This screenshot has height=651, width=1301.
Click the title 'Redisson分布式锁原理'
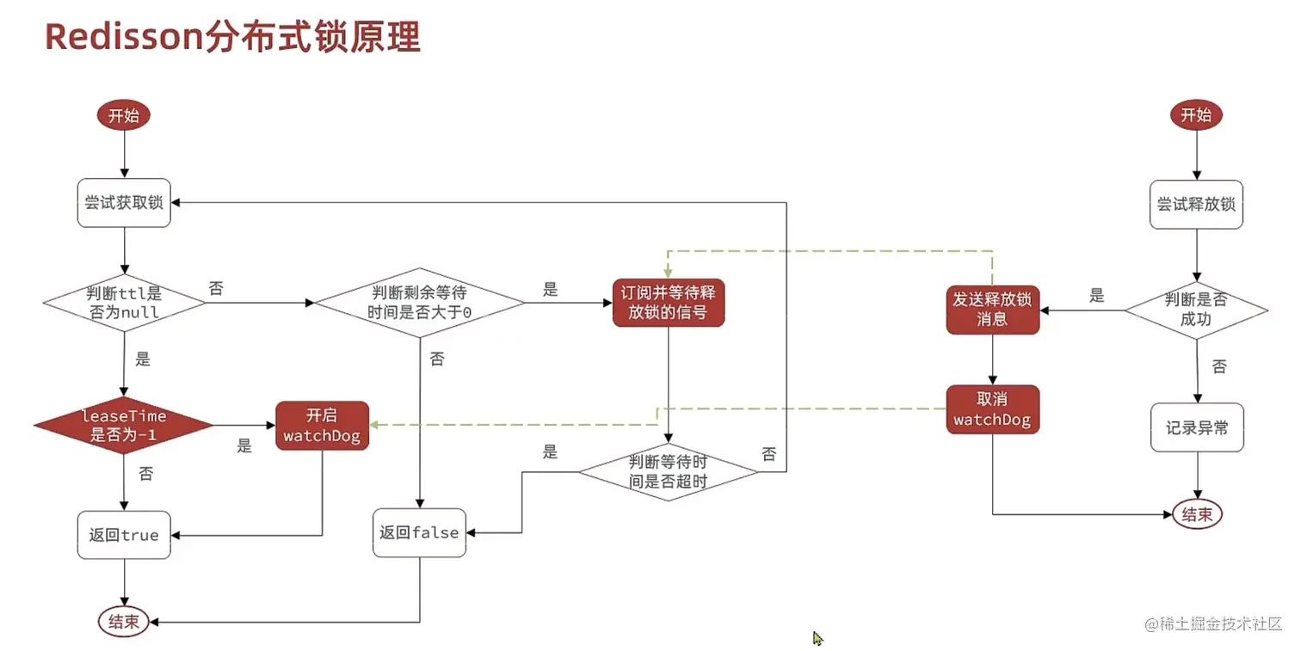coord(232,37)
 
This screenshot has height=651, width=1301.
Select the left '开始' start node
coord(124,116)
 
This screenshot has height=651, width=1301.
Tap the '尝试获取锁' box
coord(124,204)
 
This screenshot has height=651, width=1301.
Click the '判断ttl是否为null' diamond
coord(124,302)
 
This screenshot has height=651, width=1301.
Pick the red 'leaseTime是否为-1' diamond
coord(124,425)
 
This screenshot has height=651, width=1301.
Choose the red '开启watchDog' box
coord(322,425)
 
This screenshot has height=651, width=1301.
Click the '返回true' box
coord(124,535)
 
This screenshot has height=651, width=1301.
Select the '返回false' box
coord(419,532)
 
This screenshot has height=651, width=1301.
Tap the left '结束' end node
coord(124,622)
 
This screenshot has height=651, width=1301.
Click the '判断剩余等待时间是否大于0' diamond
coord(419,303)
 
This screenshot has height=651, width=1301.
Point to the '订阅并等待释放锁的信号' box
coord(669,303)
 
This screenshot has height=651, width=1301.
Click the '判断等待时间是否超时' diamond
coord(669,472)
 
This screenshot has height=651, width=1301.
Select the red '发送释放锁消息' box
coord(992,310)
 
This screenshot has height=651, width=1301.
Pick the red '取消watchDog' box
coord(992,409)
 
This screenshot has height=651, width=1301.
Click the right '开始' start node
coord(1196,116)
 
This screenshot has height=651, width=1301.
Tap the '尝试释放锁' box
coord(1196,205)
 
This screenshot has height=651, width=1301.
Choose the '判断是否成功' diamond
coord(1196,310)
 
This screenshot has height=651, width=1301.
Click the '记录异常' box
coord(1196,427)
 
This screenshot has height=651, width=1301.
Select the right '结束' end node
coord(1197,514)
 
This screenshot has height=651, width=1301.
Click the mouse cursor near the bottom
coord(817,638)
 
